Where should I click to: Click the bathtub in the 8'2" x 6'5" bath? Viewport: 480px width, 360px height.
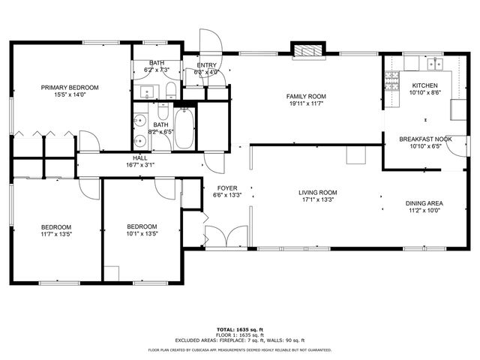click(184, 129)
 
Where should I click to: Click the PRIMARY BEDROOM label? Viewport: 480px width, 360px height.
click(70, 88)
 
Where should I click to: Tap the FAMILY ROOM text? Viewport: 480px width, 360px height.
click(307, 96)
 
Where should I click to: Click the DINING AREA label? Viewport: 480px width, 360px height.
click(424, 203)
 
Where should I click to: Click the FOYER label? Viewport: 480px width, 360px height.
click(227, 188)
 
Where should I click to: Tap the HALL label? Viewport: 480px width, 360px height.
click(140, 158)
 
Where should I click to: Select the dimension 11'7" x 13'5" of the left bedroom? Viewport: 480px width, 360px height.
click(56, 234)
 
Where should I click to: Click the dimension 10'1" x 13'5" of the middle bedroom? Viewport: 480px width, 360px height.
click(142, 234)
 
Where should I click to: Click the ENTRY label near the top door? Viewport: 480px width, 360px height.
click(206, 65)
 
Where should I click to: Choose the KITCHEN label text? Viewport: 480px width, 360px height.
click(424, 86)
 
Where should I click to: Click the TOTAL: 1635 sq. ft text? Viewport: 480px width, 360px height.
click(241, 329)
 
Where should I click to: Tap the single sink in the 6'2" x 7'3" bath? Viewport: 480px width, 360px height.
click(147, 93)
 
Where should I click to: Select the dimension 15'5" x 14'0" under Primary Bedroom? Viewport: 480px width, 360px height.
click(70, 95)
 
